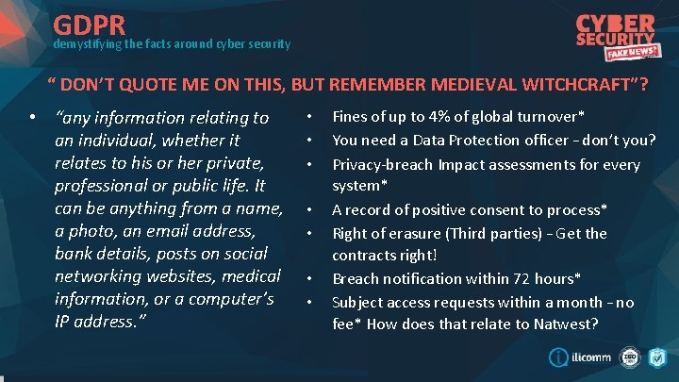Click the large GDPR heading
click(97, 24)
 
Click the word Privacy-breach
click(382, 164)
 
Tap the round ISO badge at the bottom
click(630, 357)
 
